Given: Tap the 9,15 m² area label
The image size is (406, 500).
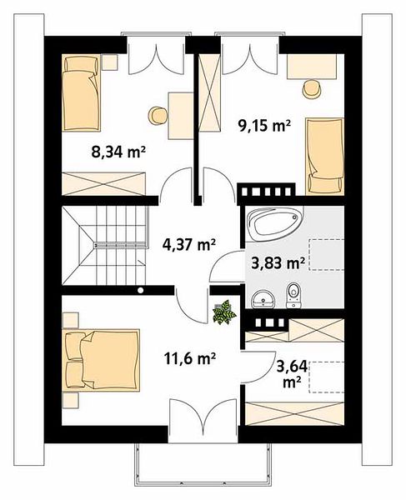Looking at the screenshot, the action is coord(264,125).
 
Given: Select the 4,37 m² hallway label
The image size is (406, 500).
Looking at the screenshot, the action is coord(189,245).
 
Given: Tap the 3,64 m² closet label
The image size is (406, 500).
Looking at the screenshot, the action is coord(292,373).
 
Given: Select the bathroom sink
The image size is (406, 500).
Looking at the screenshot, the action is coord(263,299).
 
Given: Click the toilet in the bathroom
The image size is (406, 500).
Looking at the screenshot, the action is coord(293,295).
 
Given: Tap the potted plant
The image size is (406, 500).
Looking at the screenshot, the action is coord(225,312).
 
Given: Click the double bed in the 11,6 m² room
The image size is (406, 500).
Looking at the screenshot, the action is coord(102,360).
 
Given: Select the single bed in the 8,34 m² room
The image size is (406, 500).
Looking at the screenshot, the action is coord(82,92).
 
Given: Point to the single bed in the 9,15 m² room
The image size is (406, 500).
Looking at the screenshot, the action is coord(325,157).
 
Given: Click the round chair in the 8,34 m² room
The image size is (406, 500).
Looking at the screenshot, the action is coord(158,116).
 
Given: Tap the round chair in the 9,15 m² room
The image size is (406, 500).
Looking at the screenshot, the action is coord(311,88).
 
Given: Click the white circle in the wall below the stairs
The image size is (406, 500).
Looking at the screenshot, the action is coord(140,290).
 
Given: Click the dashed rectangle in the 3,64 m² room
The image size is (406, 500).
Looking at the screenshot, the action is coord(327,377).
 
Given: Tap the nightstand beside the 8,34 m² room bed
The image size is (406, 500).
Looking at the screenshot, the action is coord(110,62).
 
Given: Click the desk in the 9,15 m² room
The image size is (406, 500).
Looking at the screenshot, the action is coord(312,67).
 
